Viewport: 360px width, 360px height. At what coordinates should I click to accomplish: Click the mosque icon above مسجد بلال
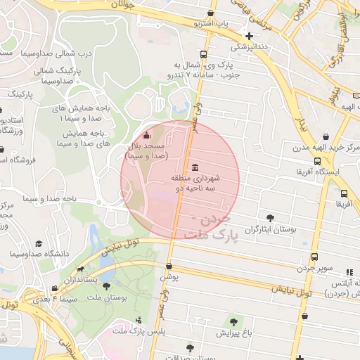[x=146, y=136]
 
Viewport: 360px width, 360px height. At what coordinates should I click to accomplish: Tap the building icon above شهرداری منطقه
[x=195, y=167]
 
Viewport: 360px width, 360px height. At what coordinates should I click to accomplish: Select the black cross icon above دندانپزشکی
[x=249, y=36]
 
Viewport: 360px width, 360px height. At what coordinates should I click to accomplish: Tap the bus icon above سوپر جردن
[x=314, y=257]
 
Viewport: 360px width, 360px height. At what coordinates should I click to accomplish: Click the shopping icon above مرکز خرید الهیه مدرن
[x=325, y=137]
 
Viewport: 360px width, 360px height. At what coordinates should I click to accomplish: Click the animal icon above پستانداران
[x=82, y=269]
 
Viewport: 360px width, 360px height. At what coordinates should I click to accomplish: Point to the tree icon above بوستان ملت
[x=106, y=286]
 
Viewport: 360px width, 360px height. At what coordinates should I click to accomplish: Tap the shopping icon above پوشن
[x=169, y=266]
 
